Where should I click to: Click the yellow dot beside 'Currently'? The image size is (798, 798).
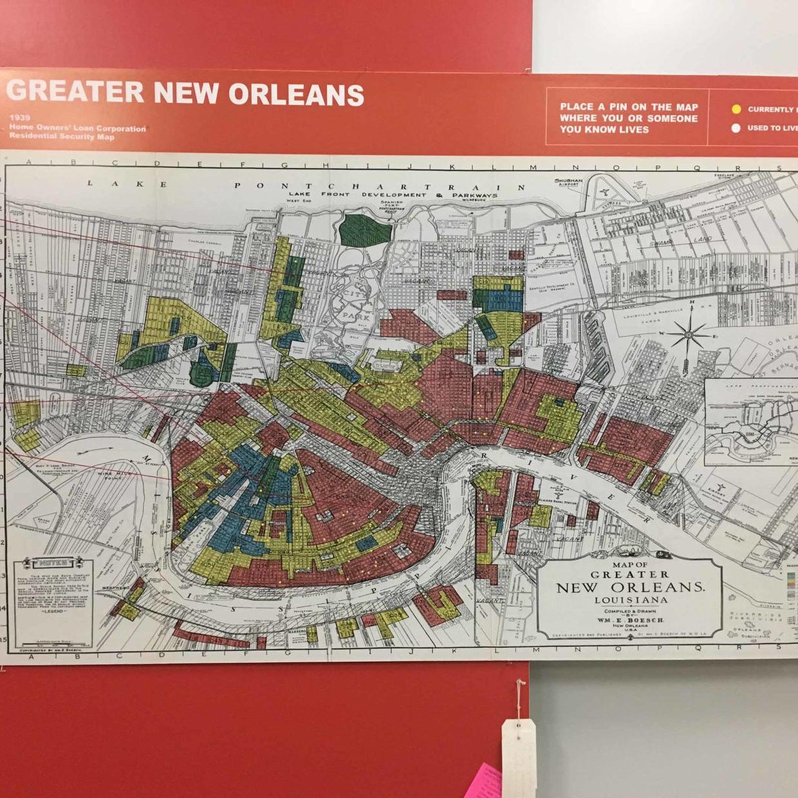[x=736, y=109]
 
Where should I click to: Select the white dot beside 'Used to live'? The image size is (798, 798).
[x=736, y=128]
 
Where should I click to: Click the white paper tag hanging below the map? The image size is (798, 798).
[x=518, y=753]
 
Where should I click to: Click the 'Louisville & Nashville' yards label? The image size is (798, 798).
[x=650, y=315]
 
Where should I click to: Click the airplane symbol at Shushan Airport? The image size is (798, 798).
[x=604, y=192]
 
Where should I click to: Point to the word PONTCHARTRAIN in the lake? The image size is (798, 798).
[x=380, y=187]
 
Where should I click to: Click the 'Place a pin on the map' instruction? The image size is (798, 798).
[x=628, y=118]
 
